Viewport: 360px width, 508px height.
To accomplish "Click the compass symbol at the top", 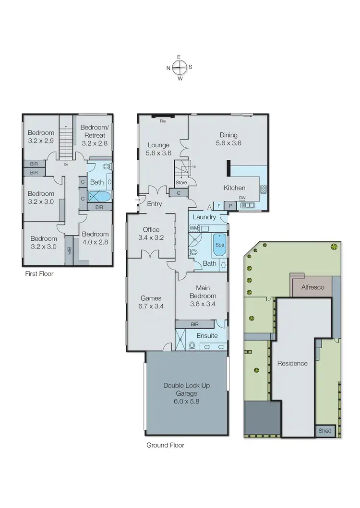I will pyautogui.click(x=179, y=68).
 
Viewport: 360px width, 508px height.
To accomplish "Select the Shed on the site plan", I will pyautogui.click(x=325, y=431).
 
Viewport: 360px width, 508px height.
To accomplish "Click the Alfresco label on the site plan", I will pyautogui.click(x=312, y=287).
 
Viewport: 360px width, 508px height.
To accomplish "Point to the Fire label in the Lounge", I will pyautogui.click(x=164, y=122).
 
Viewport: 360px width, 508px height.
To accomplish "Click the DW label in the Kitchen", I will pyautogui.click(x=242, y=198).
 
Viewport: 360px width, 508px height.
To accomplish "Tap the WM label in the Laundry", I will pyautogui.click(x=193, y=228).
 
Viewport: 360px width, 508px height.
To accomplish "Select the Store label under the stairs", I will pyautogui.click(x=181, y=182).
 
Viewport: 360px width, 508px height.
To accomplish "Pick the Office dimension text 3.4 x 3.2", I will pyautogui.click(x=151, y=237).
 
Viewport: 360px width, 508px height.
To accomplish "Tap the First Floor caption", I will pyautogui.click(x=39, y=274).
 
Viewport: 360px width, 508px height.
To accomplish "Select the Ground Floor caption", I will pyautogui.click(x=165, y=445).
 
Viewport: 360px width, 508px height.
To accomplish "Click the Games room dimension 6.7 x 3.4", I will pyautogui.click(x=151, y=306).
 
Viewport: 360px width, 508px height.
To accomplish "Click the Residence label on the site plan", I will pyautogui.click(x=292, y=363).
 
